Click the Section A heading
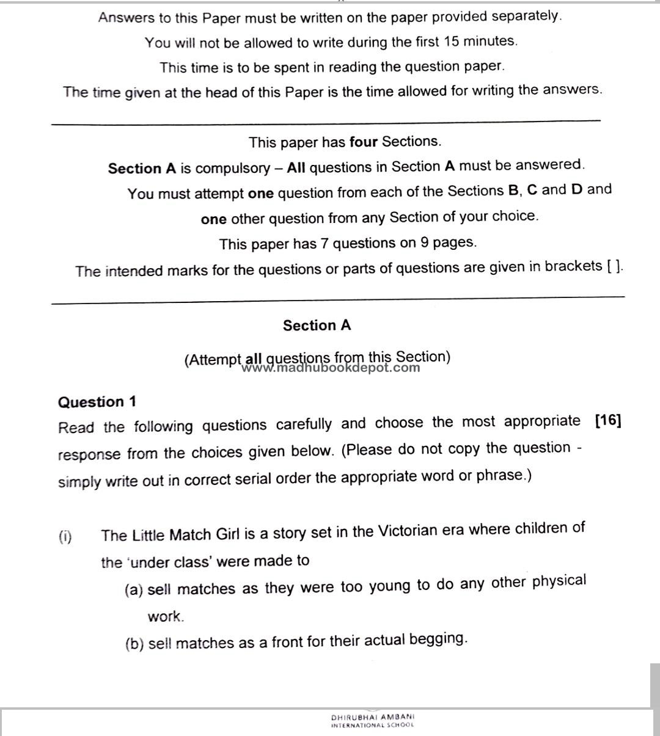[317, 326]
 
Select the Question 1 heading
[97, 402]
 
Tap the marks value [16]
[607, 421]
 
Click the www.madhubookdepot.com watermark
[331, 368]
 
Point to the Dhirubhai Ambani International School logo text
[372, 721]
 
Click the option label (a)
[134, 590]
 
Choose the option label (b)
[134, 644]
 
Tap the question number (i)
[65, 537]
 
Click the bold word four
[364, 142]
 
